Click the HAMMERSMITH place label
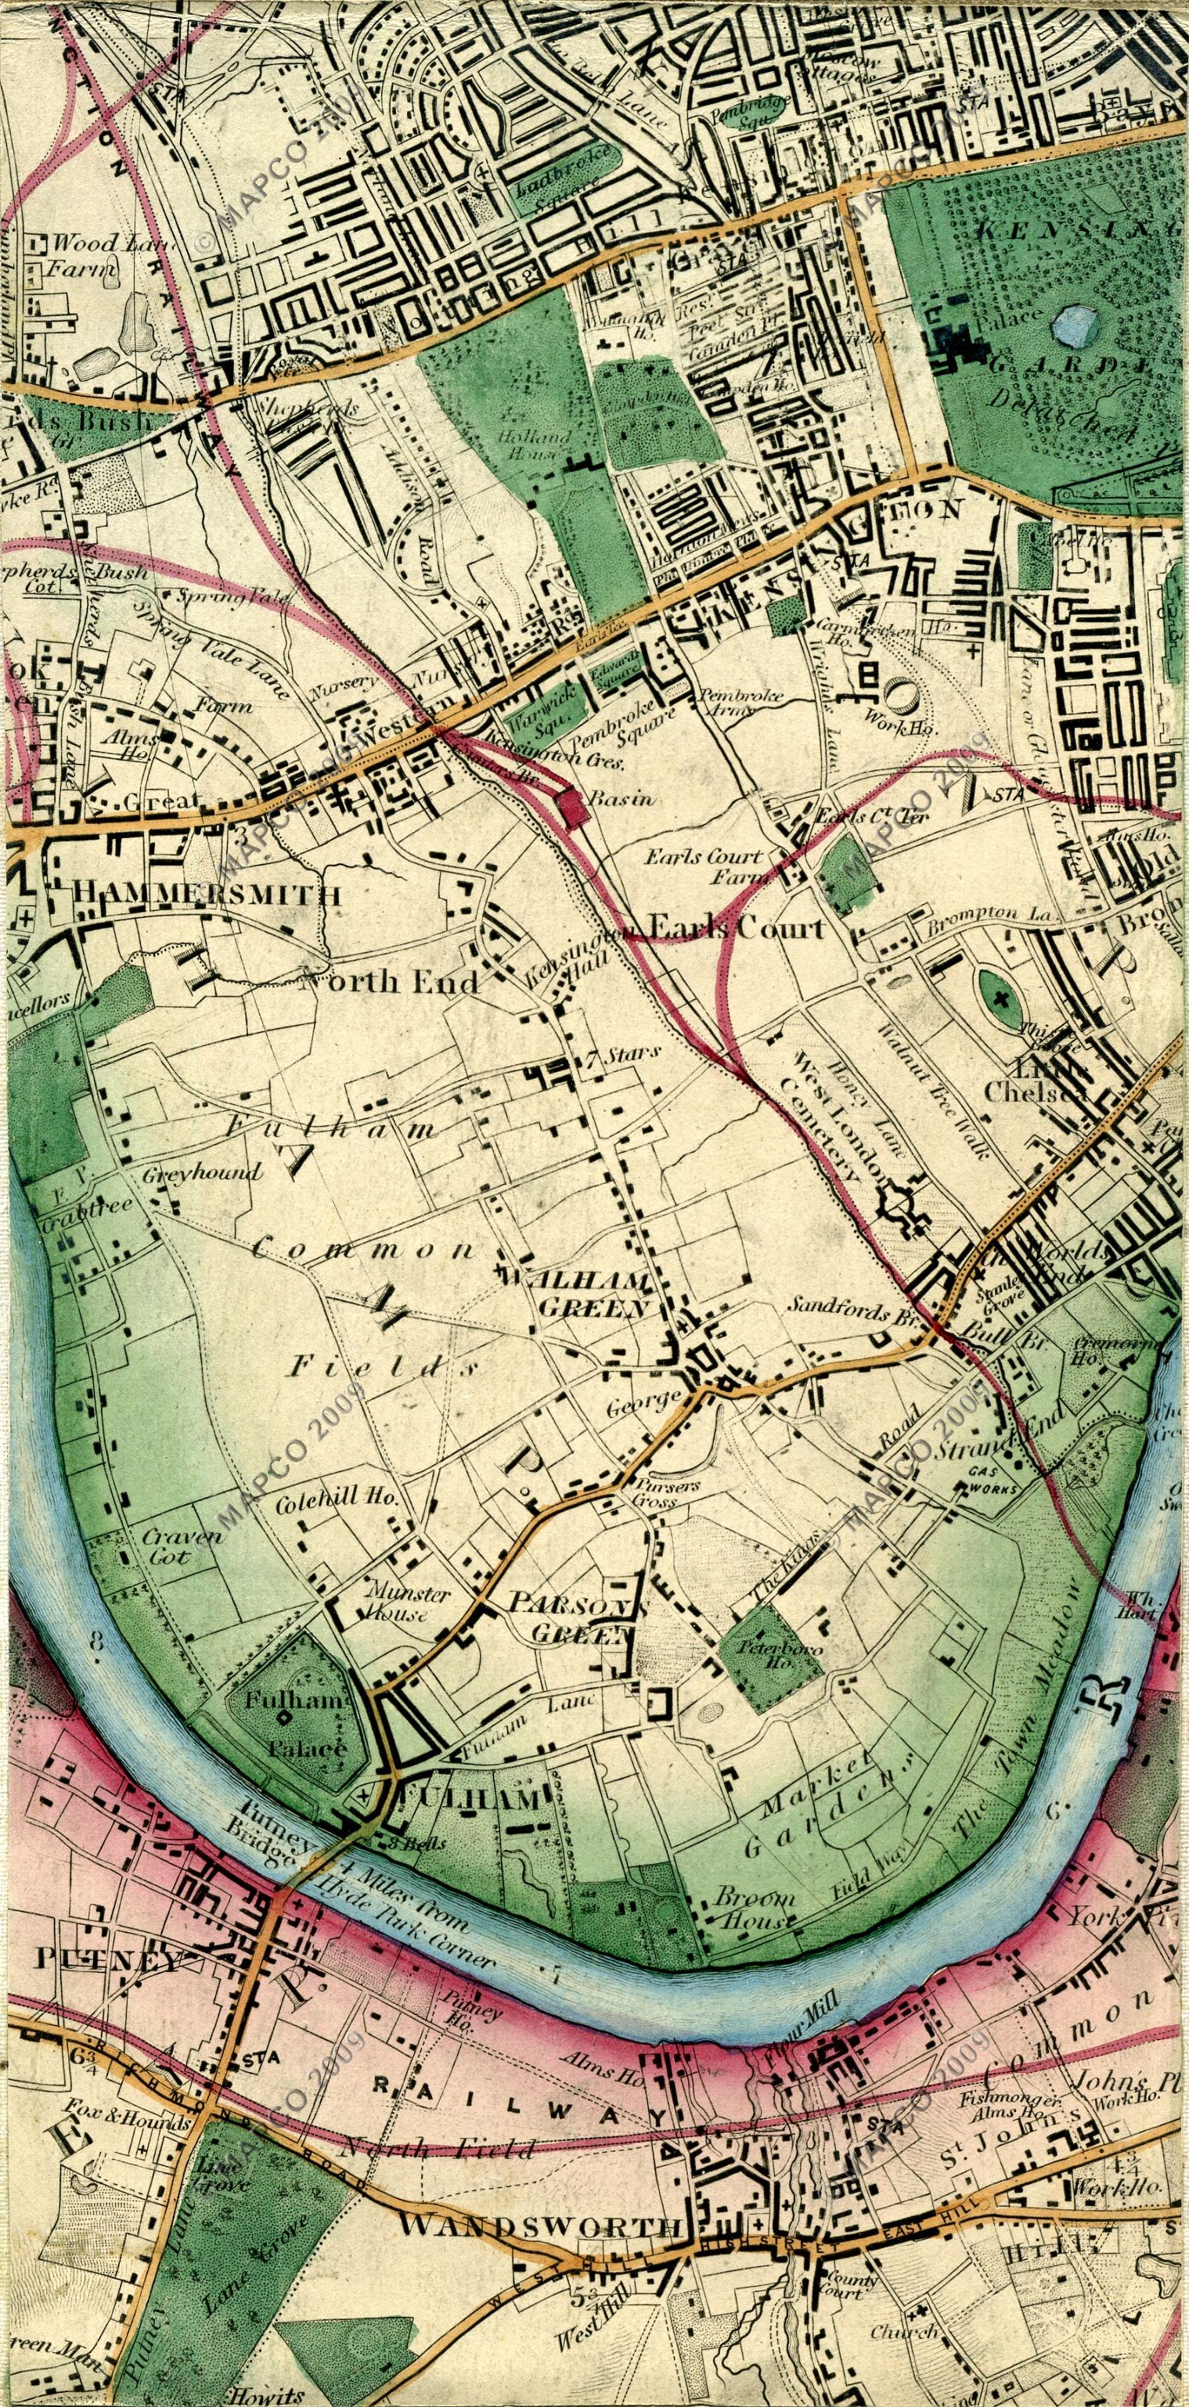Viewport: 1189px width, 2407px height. [x=207, y=894]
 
